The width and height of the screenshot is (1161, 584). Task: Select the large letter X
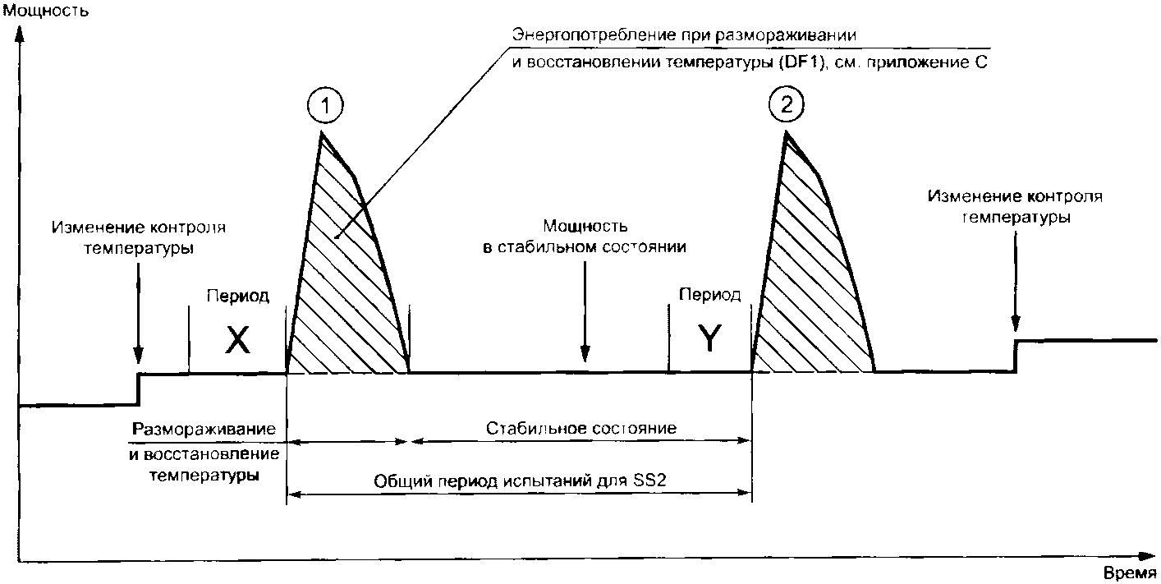tap(237, 339)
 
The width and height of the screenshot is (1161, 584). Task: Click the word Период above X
tap(237, 297)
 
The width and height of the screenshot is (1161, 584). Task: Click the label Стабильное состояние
tap(580, 428)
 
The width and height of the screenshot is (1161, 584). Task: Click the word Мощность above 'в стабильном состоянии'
tap(584, 225)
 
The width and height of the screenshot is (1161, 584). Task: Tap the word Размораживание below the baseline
tap(204, 430)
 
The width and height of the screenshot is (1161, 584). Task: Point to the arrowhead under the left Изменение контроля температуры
tap(138, 358)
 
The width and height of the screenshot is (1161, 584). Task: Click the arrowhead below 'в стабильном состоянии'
tap(584, 356)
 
